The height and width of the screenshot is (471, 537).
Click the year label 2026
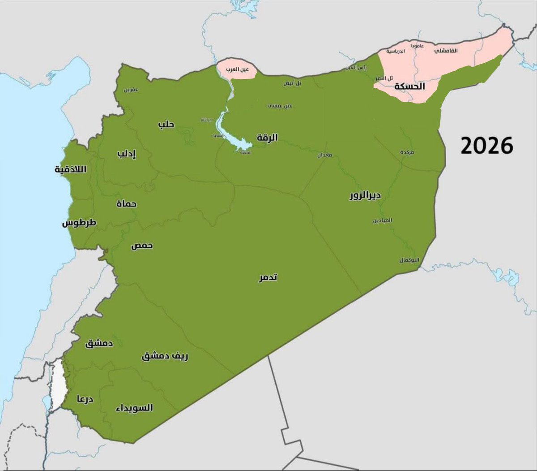point(487,146)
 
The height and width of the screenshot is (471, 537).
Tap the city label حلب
point(166,125)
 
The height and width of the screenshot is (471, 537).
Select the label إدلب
point(127,154)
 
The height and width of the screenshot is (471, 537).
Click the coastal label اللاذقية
point(70,169)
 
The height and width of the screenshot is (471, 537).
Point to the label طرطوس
point(79,223)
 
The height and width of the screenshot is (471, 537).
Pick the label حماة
point(126,204)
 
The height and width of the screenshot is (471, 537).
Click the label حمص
point(142,246)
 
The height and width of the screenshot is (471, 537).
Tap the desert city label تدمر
point(268,277)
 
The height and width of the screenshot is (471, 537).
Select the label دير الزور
point(365,195)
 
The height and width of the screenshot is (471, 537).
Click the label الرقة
point(267,138)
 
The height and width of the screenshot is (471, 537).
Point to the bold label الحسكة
point(409,86)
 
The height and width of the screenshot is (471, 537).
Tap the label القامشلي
point(446,51)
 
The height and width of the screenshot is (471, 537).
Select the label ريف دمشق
point(165,356)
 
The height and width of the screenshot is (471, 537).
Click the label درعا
point(85,398)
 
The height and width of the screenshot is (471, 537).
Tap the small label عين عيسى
point(280,106)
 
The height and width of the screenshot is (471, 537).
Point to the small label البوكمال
point(409,260)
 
